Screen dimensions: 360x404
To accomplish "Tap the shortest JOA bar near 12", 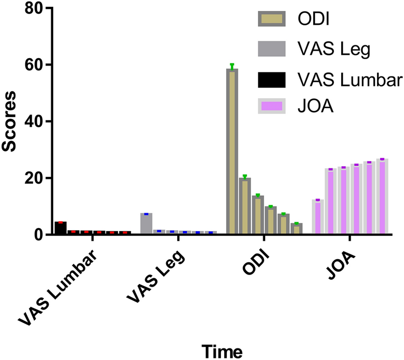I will click(x=318, y=216).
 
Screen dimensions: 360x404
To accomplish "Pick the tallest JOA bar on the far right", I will click(x=382, y=196).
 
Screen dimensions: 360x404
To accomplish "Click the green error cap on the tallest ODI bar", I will click(x=232, y=65).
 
